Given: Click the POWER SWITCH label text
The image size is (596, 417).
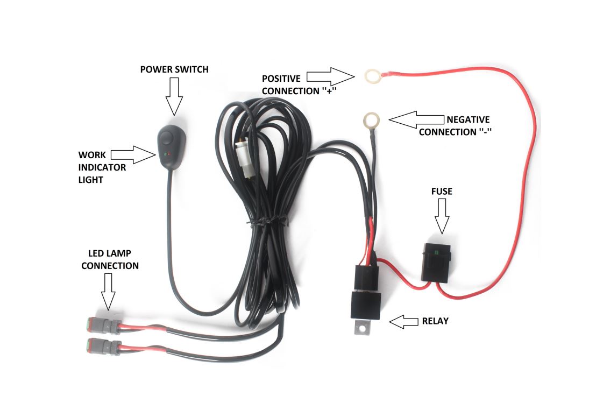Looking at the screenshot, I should pos(174,69).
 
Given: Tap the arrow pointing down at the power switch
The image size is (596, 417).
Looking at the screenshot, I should pos(174,95).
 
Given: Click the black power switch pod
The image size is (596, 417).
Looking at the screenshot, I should pos(169,145).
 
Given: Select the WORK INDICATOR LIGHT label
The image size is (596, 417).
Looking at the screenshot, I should pos(102,167).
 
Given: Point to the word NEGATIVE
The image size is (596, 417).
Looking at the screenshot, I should pos(467,119).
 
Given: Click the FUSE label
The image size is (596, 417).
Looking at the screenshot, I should pos(442,191).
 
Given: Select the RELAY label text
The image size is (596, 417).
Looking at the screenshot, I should pos(435,321).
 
